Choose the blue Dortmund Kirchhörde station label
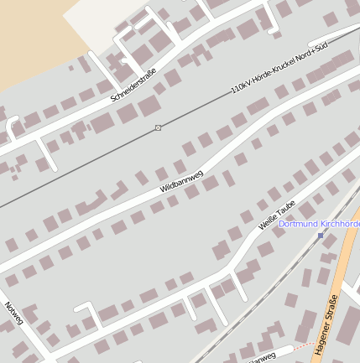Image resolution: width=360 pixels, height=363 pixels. click(x=320, y=225)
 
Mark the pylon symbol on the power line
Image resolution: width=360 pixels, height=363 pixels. click(x=158, y=127)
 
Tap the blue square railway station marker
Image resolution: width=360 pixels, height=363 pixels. click(x=321, y=236)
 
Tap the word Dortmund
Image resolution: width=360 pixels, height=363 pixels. click(x=296, y=225)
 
